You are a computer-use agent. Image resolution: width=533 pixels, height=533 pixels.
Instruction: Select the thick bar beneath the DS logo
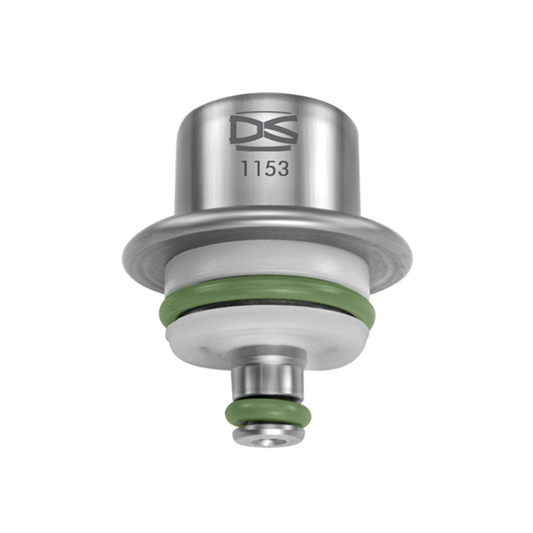263,146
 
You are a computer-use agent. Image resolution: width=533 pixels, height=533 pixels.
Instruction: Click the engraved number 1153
265,169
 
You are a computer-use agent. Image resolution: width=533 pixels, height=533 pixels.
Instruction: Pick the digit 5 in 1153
267,169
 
